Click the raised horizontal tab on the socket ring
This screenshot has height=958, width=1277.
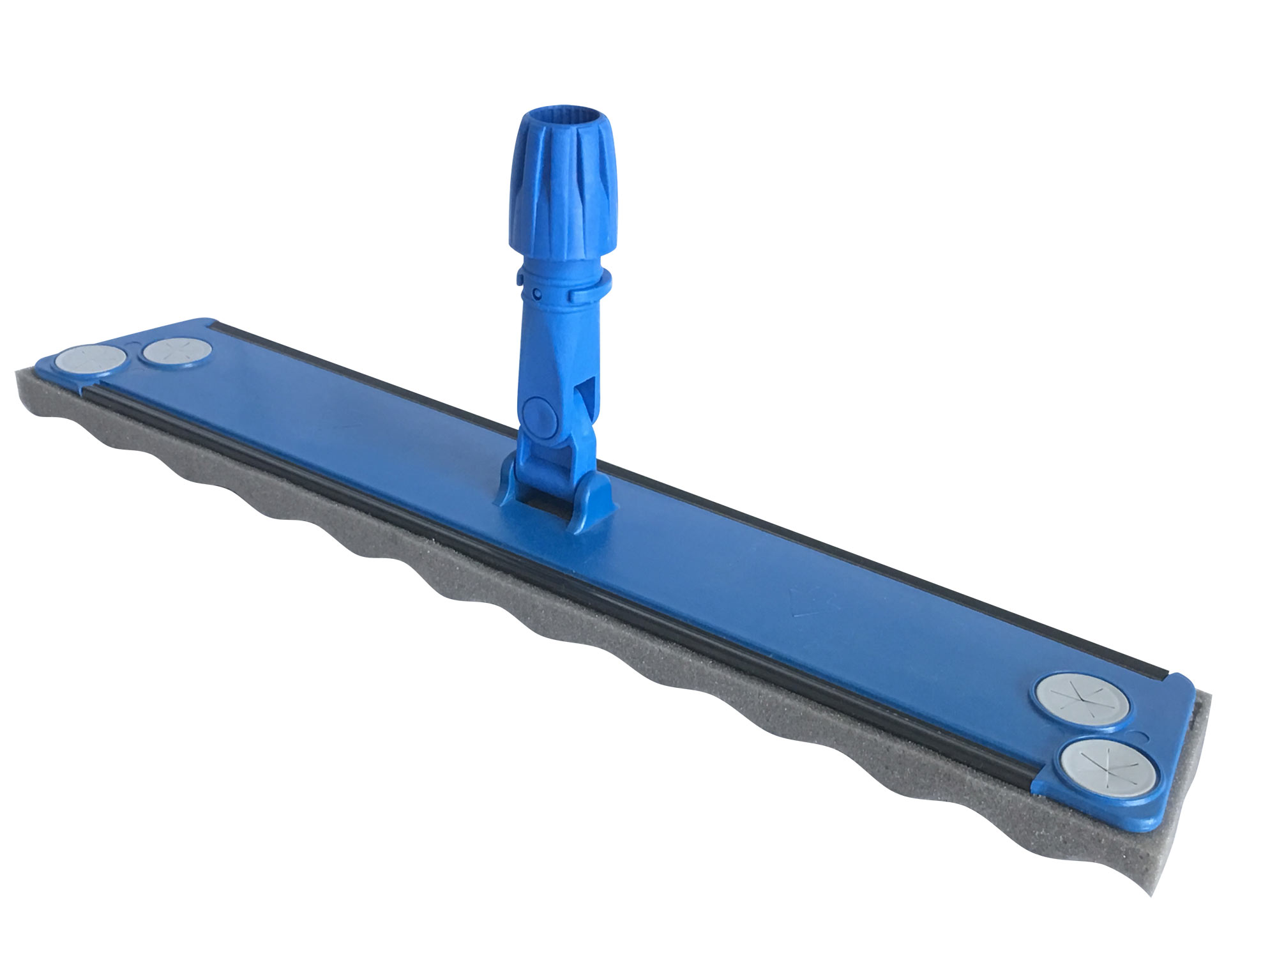[x=586, y=295]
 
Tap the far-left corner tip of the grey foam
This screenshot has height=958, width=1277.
[x=18, y=377]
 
